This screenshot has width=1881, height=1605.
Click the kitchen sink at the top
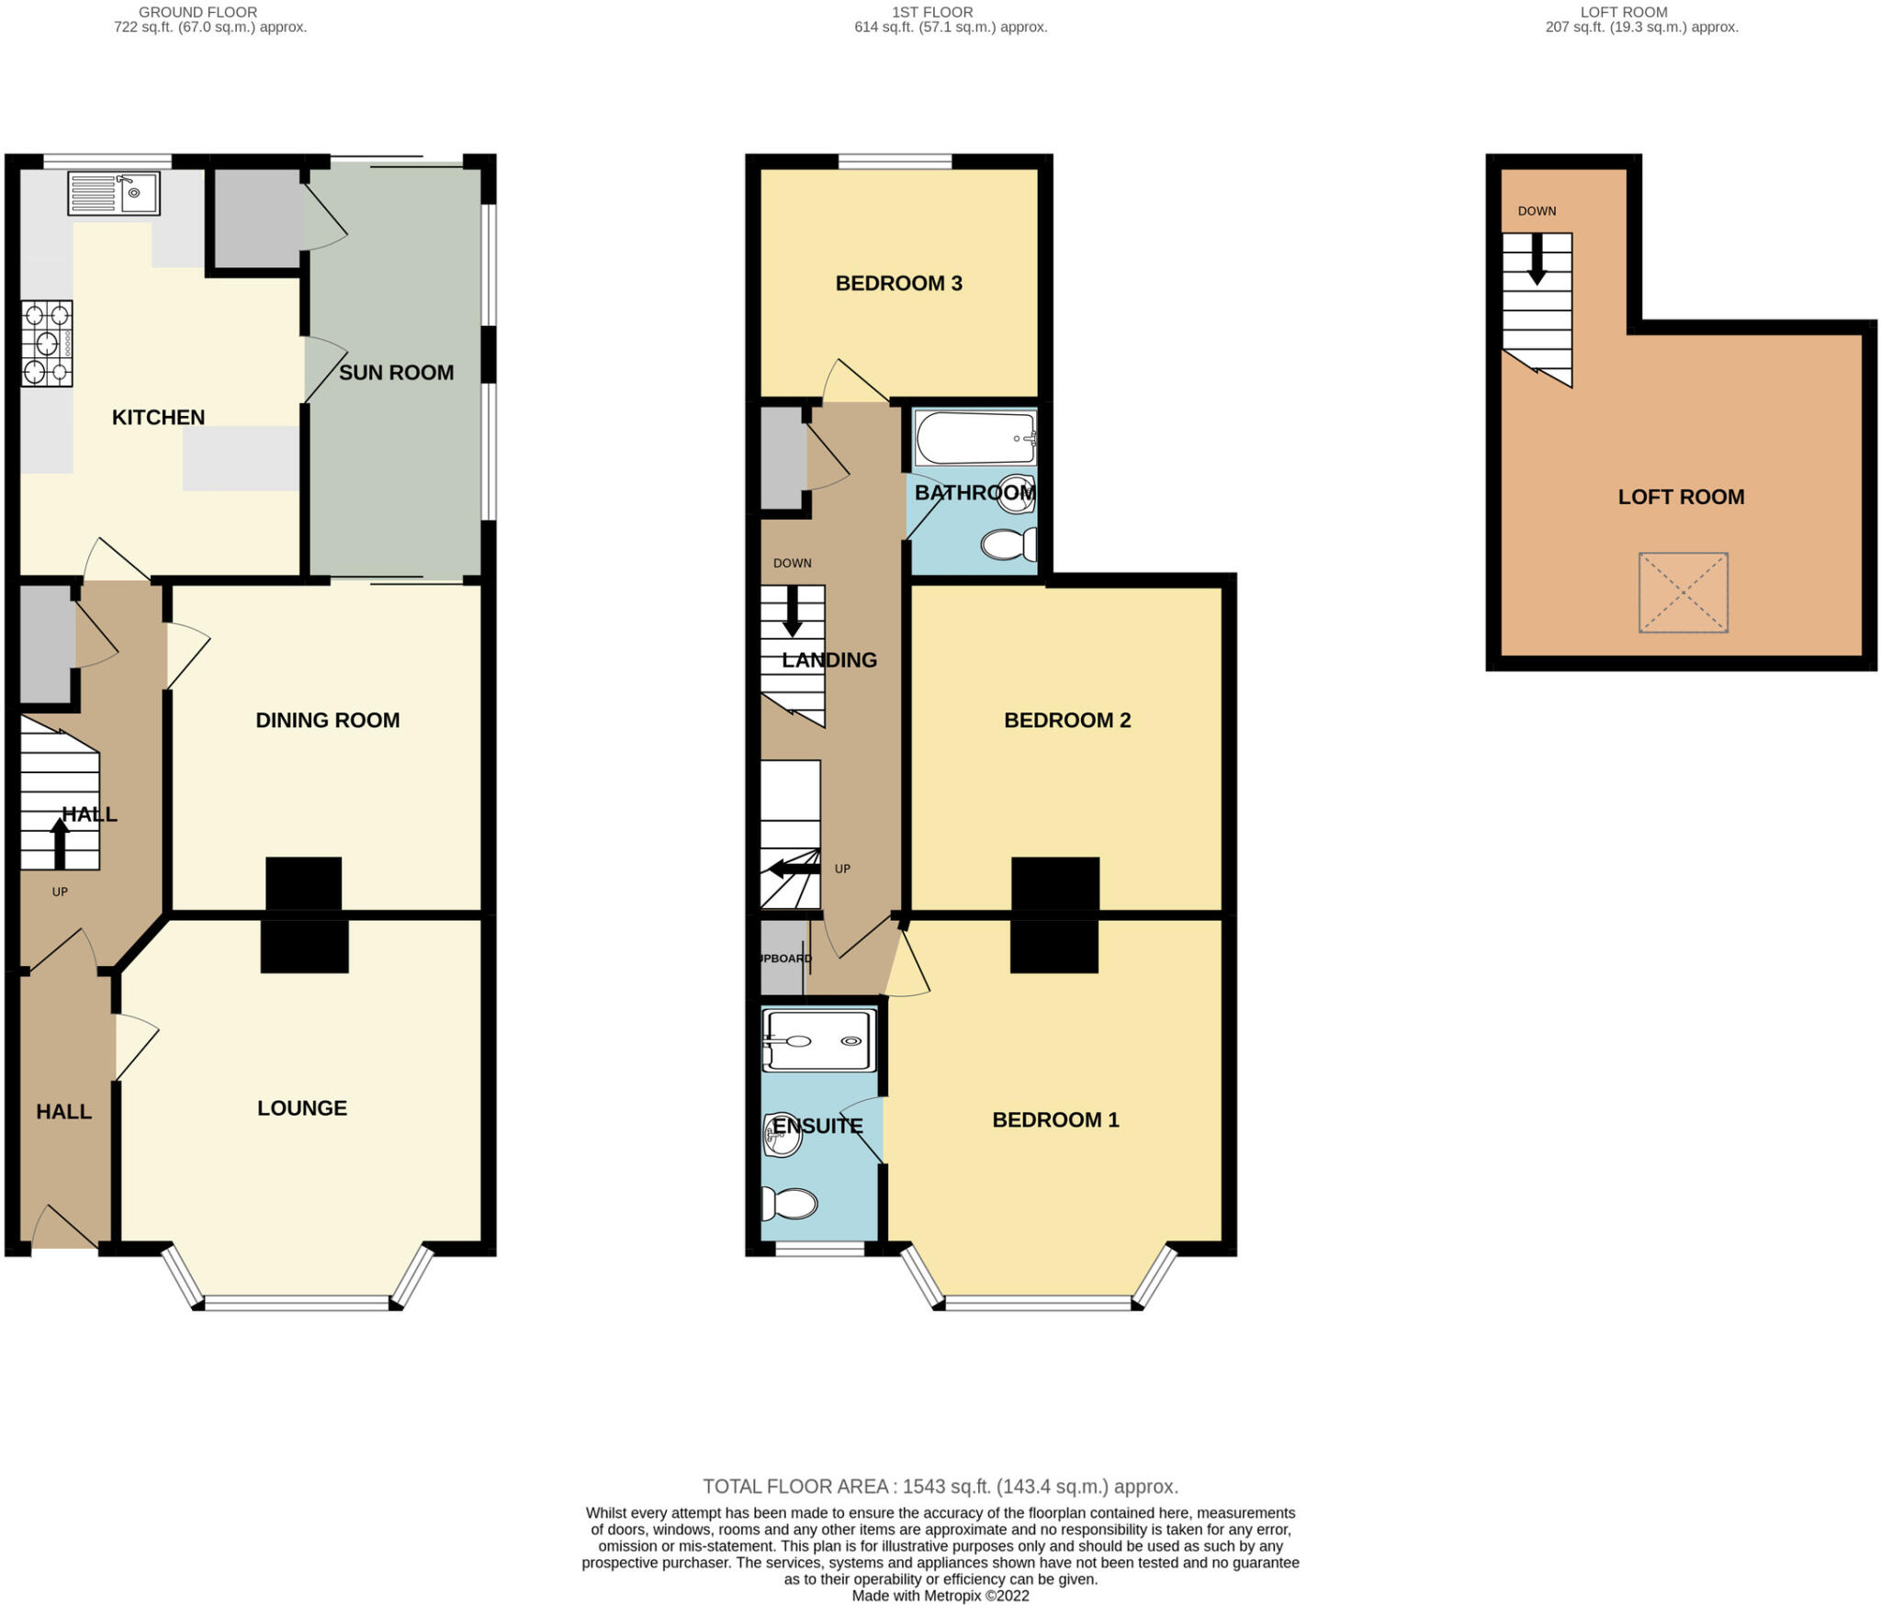[114, 194]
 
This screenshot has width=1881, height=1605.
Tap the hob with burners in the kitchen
[47, 343]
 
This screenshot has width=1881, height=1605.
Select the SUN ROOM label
[396, 373]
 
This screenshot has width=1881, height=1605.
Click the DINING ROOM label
[327, 720]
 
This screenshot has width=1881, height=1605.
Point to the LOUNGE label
[301, 1108]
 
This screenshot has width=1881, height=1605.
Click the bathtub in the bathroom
[975, 439]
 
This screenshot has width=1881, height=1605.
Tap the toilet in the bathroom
[1008, 544]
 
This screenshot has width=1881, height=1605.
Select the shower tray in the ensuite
[819, 1041]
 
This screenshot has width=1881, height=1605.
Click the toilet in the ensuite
[791, 1203]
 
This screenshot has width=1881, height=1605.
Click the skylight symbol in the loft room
[1683, 592]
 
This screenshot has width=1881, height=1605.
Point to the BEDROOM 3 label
[898, 283]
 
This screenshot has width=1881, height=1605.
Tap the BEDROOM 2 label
[1066, 720]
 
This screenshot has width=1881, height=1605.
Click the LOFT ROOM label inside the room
[1681, 497]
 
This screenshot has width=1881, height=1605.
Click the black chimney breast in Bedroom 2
[1055, 884]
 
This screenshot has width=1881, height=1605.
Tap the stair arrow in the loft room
[1537, 260]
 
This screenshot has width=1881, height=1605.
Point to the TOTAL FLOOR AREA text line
[940, 1486]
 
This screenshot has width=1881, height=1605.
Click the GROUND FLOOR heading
[197, 12]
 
